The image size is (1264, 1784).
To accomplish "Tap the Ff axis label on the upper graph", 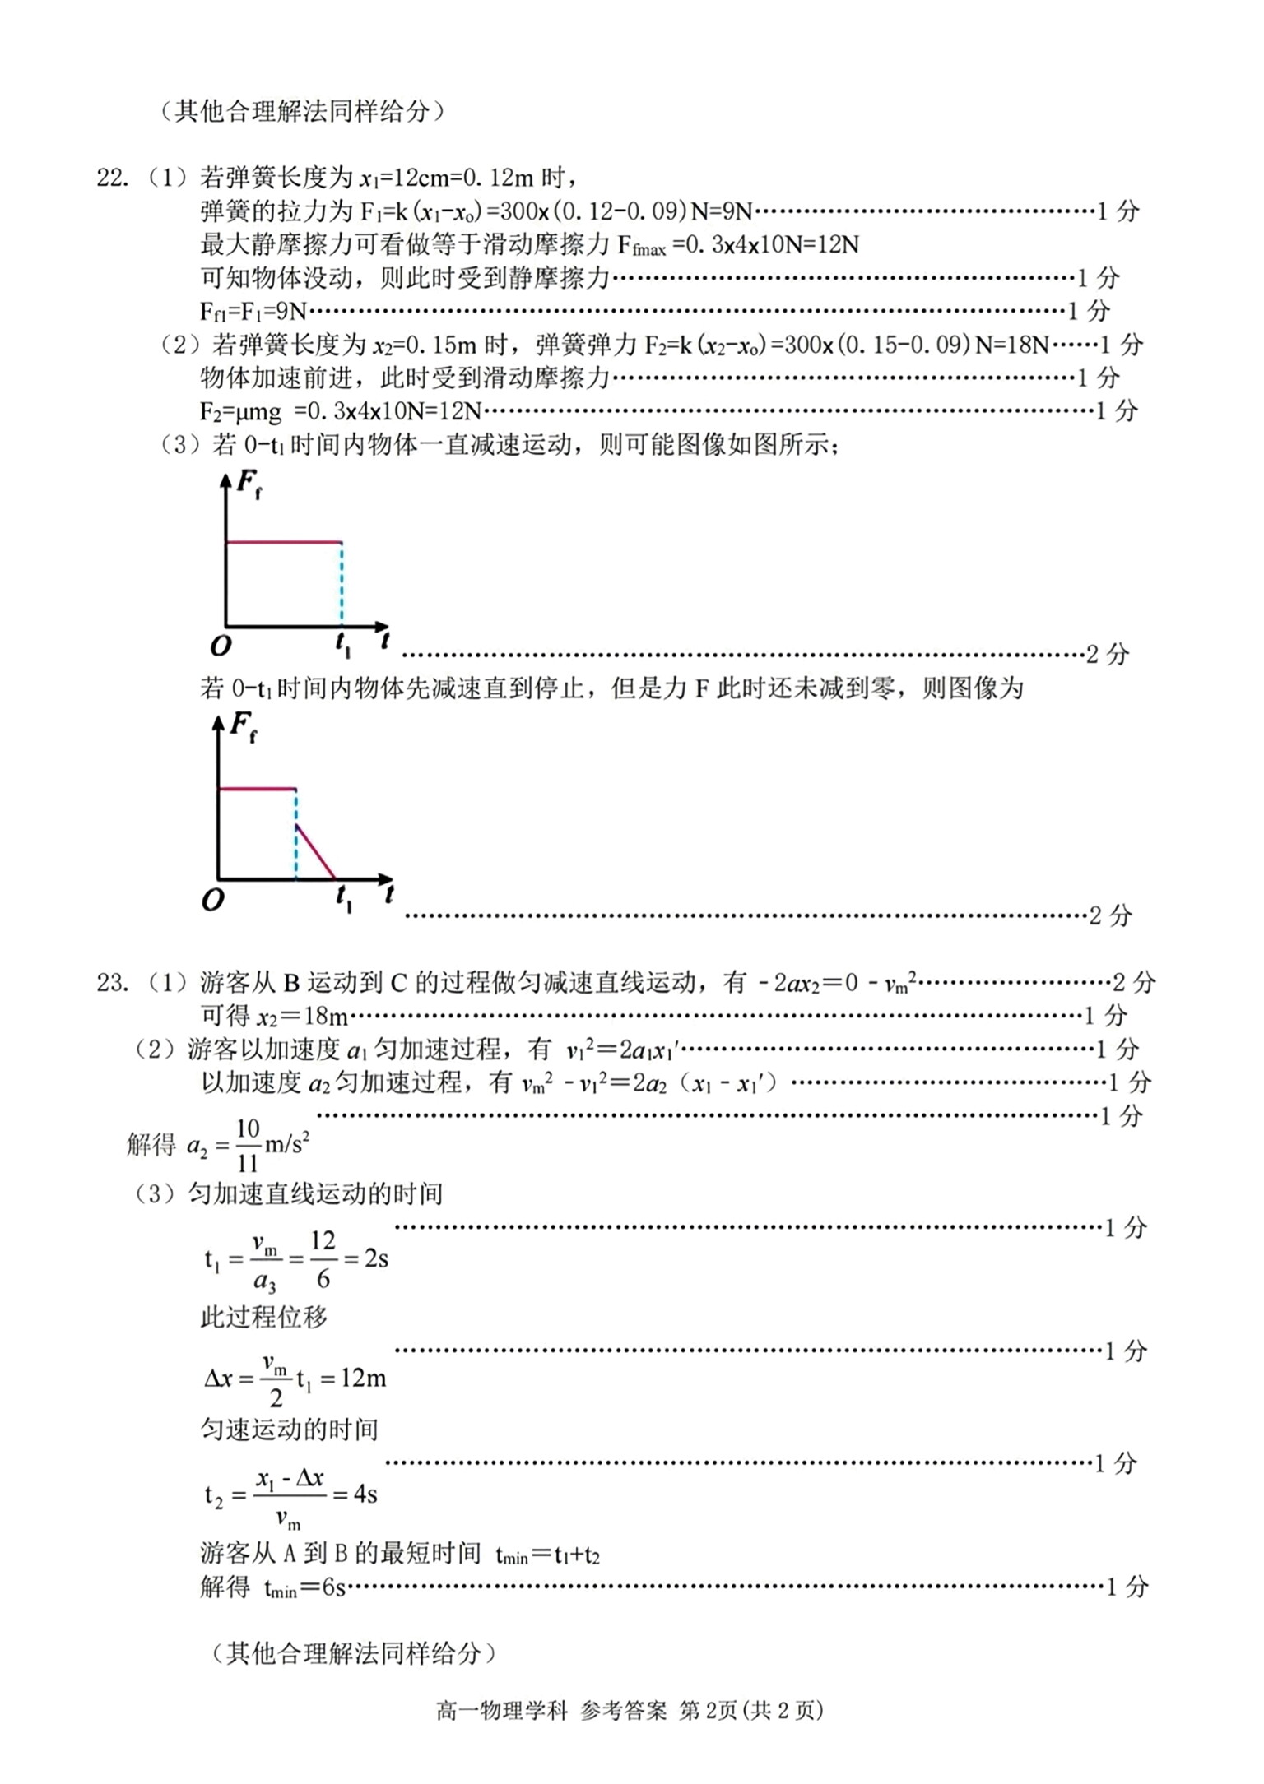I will pyautogui.click(x=249, y=484).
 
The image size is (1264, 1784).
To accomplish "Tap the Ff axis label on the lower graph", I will pyautogui.click(x=243, y=727).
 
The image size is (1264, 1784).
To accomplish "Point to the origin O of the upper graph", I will pyautogui.click(x=221, y=646).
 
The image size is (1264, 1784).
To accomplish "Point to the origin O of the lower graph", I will pyautogui.click(x=213, y=901).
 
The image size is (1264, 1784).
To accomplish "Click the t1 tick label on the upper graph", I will pyautogui.click(x=342, y=647).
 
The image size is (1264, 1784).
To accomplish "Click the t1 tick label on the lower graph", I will pyautogui.click(x=343, y=901).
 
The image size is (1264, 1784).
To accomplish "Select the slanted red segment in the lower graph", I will pyautogui.click(x=316, y=851).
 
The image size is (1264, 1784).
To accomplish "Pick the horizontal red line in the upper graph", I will pyautogui.click(x=283, y=542).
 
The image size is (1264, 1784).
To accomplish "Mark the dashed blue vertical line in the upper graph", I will pyautogui.click(x=342, y=584).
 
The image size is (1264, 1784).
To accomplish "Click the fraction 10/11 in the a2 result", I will pyautogui.click(x=248, y=1145).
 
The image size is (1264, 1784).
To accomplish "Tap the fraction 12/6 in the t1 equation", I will pyautogui.click(x=323, y=1258).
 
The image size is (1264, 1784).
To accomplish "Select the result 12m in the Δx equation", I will pyautogui.click(x=363, y=1378).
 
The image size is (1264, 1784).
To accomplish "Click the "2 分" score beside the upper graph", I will pyautogui.click(x=1107, y=656).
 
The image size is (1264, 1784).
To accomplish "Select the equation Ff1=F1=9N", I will pyautogui.click(x=253, y=312).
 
